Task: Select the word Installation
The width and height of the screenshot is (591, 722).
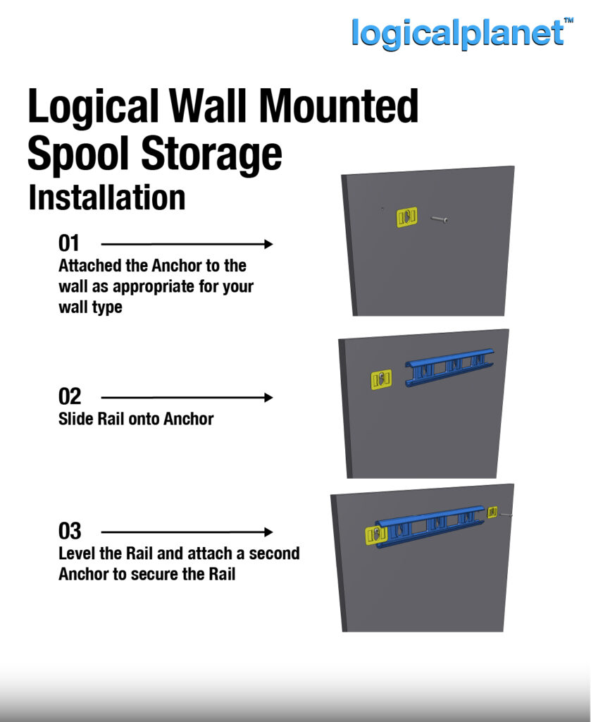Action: point(106,198)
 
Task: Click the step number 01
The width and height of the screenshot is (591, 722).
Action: point(69,244)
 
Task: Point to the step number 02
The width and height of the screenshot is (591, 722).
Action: point(69,397)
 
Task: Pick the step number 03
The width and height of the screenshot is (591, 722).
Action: point(70,531)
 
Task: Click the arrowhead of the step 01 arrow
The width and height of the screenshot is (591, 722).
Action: point(268,244)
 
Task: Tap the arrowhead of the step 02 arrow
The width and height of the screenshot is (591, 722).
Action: point(268,398)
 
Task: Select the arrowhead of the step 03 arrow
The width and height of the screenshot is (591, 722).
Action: point(268,532)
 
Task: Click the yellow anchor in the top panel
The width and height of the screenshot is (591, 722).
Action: point(406,217)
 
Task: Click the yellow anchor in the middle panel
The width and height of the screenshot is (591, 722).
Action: point(381,379)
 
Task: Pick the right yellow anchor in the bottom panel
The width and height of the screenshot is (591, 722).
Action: point(492,511)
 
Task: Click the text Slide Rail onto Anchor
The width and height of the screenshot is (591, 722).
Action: point(136,419)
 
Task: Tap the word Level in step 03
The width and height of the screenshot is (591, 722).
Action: point(78,553)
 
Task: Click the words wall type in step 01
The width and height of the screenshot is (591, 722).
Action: point(90,308)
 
